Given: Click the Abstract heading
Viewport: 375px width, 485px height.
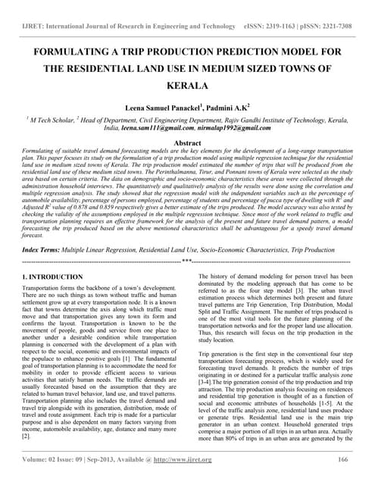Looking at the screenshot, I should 187,142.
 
